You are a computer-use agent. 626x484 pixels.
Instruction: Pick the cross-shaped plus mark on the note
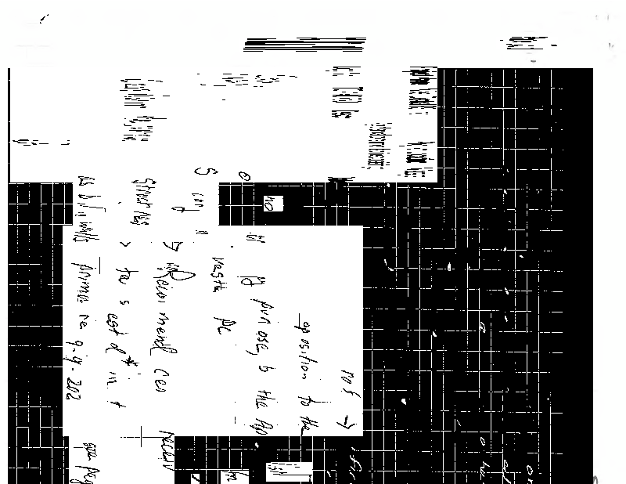(143, 435)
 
